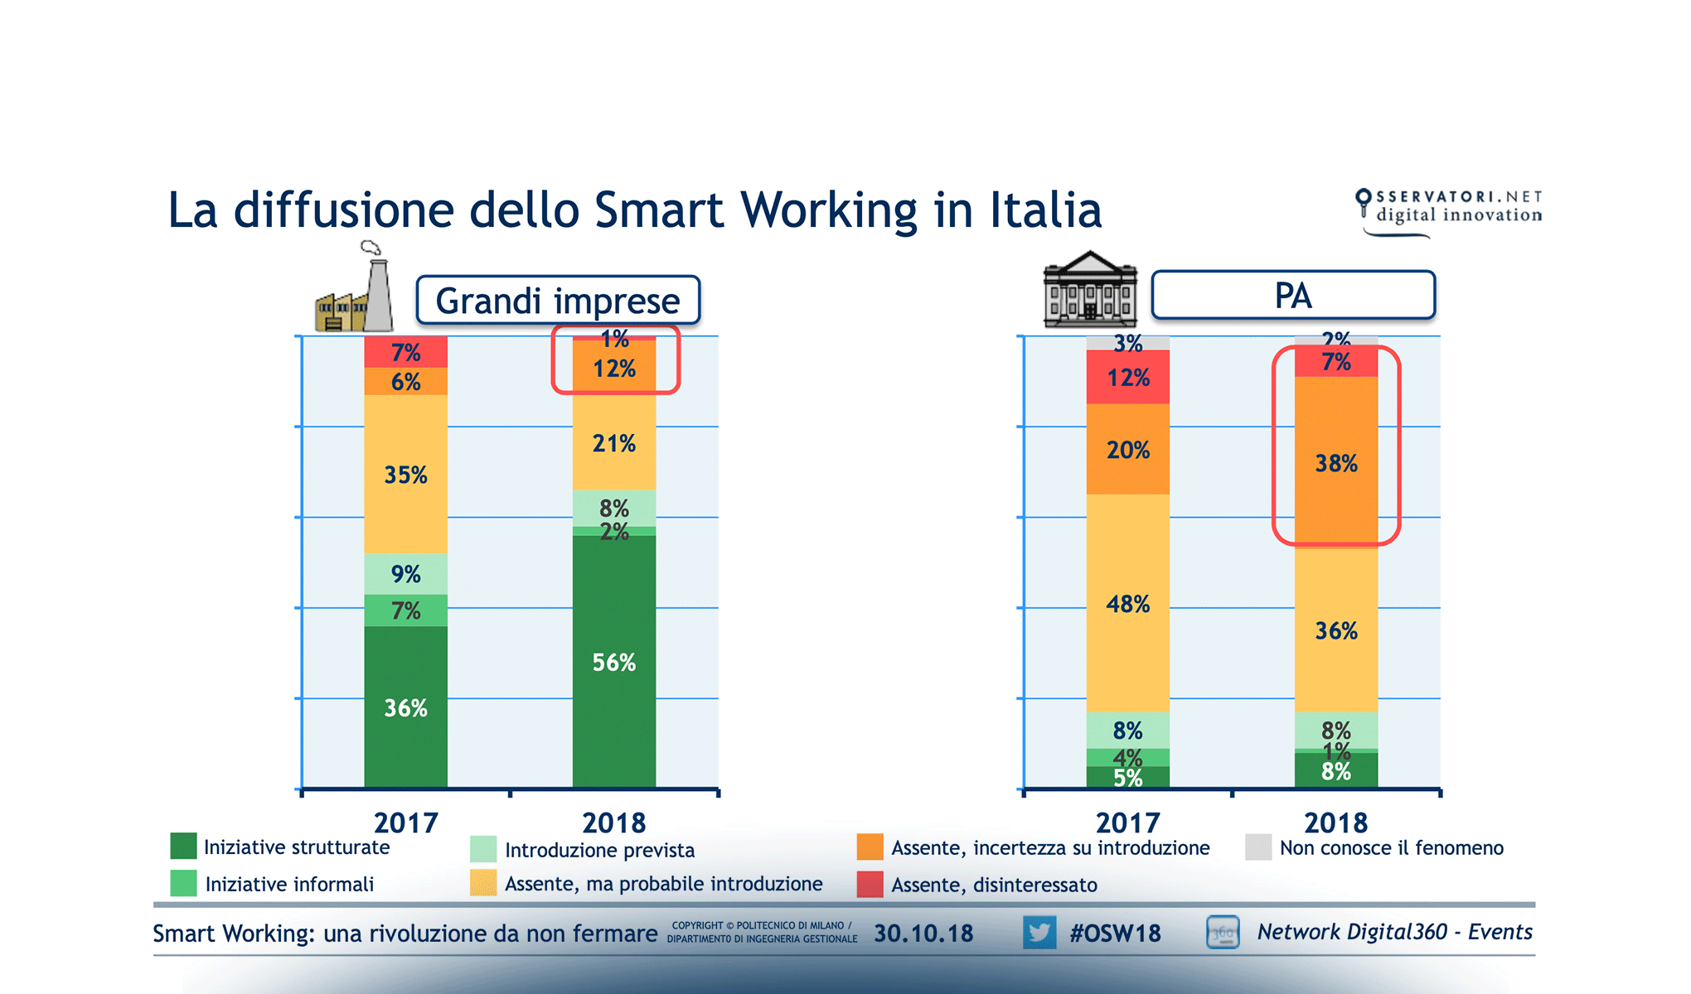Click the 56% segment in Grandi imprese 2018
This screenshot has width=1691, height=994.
613,663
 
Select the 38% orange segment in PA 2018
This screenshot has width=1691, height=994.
1336,462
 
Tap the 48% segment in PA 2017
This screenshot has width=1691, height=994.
1127,604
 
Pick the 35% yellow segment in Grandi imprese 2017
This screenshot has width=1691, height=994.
405,475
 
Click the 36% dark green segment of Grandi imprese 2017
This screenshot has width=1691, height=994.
405,708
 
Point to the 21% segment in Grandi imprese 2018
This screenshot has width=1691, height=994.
613,443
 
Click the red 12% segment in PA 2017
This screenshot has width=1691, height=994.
1127,378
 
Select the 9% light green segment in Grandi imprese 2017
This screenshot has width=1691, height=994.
405,573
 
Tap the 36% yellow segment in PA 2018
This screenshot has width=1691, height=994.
1336,630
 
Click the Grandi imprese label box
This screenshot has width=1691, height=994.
557,301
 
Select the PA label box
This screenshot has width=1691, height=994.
1292,296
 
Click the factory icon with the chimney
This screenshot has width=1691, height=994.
355,290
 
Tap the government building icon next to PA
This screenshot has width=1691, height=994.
1089,290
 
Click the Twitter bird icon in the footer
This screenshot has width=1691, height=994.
1039,933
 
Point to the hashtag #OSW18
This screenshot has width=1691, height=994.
1114,934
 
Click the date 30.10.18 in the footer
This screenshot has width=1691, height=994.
923,934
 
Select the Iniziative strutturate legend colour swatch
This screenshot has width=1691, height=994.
183,847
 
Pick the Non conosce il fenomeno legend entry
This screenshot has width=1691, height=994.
1390,847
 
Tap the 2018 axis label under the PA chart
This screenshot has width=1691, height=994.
1335,823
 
